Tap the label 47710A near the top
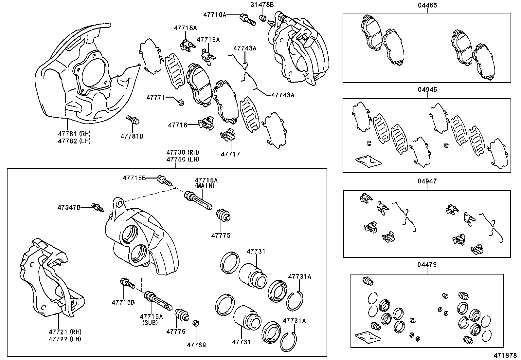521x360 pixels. pos(214,14)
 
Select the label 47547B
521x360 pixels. pos(69,207)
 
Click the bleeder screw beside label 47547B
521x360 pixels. pos(97,207)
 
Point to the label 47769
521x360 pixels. pos(196,345)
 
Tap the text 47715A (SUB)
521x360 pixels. pos(151,319)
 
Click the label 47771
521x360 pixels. pos(155,98)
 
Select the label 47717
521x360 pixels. pos(230,154)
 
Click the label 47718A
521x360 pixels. pos(185,28)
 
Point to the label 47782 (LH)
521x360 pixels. pos(74,141)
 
